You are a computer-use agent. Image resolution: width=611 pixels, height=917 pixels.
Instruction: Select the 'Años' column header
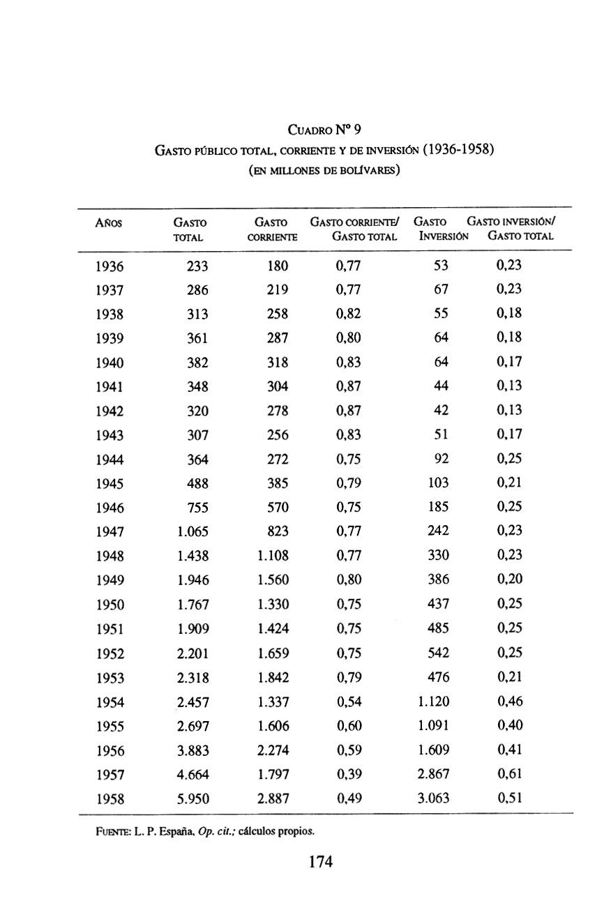pyautogui.click(x=108, y=222)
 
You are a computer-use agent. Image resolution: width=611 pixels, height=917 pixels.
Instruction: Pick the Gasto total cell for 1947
pyautogui.click(x=193, y=532)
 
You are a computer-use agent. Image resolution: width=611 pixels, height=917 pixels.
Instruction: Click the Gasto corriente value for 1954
pyautogui.click(x=273, y=702)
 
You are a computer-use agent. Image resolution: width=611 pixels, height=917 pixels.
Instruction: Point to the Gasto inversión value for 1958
pyautogui.click(x=433, y=798)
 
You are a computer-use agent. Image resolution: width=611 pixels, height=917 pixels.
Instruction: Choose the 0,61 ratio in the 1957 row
pyautogui.click(x=509, y=774)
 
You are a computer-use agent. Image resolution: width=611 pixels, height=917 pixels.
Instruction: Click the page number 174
pyautogui.click(x=320, y=862)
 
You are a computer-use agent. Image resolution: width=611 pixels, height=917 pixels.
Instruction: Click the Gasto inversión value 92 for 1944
pyautogui.click(x=441, y=459)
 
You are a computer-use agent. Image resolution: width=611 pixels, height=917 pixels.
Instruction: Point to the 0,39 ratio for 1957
pyautogui.click(x=348, y=774)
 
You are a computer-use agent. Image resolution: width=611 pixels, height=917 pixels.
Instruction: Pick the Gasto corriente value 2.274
pyautogui.click(x=273, y=750)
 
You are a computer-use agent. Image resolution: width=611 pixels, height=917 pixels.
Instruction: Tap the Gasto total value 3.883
pyautogui.click(x=193, y=750)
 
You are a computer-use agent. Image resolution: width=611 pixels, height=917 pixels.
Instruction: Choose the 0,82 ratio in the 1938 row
pyautogui.click(x=348, y=314)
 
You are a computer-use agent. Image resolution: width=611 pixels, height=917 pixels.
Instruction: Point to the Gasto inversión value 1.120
pyautogui.click(x=433, y=702)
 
